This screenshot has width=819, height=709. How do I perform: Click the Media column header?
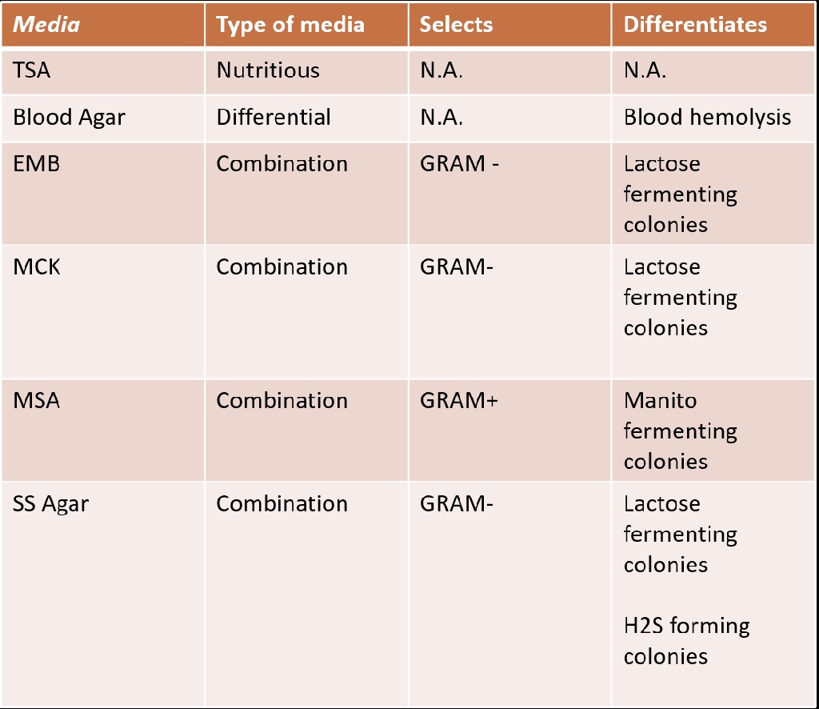[46, 25]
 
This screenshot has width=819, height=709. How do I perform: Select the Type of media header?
[290, 25]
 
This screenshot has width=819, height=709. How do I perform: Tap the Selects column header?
[456, 25]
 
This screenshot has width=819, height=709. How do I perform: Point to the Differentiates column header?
[695, 25]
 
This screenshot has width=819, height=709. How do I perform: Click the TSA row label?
[32, 70]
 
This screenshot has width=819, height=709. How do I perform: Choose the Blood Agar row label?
[69, 118]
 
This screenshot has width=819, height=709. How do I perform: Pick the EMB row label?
[36, 164]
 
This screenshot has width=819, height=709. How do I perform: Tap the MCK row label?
[37, 267]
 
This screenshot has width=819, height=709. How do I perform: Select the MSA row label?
[36, 400]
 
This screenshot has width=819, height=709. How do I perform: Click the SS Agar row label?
[50, 504]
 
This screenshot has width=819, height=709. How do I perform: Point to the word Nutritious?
[268, 70]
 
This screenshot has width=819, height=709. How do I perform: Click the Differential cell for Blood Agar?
[274, 118]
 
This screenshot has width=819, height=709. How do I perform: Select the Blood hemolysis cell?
[707, 118]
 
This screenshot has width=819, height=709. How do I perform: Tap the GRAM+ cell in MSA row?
[458, 400]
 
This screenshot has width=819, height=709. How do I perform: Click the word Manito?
[660, 400]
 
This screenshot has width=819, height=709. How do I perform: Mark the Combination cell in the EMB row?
[282, 164]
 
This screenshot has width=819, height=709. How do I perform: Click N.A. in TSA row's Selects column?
[441, 70]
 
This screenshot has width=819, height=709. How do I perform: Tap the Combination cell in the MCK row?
[282, 267]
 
